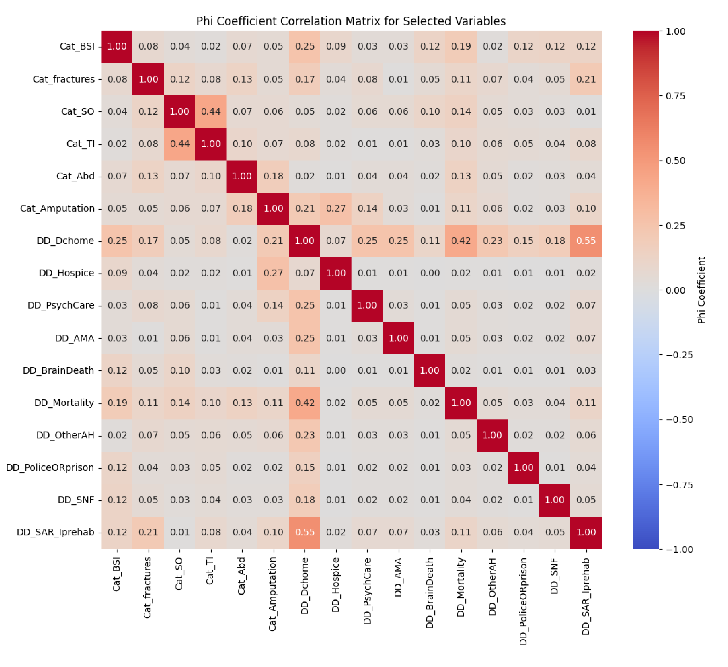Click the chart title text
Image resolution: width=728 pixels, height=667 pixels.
351,21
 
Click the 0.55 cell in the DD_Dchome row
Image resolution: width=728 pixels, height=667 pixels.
586,241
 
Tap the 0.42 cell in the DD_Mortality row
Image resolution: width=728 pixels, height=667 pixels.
305,403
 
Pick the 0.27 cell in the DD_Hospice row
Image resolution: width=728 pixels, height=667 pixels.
273,273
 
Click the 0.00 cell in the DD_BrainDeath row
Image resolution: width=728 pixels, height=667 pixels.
336,370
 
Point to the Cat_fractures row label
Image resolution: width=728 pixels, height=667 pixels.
63,79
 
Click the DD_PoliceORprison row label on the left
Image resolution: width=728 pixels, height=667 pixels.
50,468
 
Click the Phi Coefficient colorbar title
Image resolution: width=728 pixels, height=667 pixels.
701,290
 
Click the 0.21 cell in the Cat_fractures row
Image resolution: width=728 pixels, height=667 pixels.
586,79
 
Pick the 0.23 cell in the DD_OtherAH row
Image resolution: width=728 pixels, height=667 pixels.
305,435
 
